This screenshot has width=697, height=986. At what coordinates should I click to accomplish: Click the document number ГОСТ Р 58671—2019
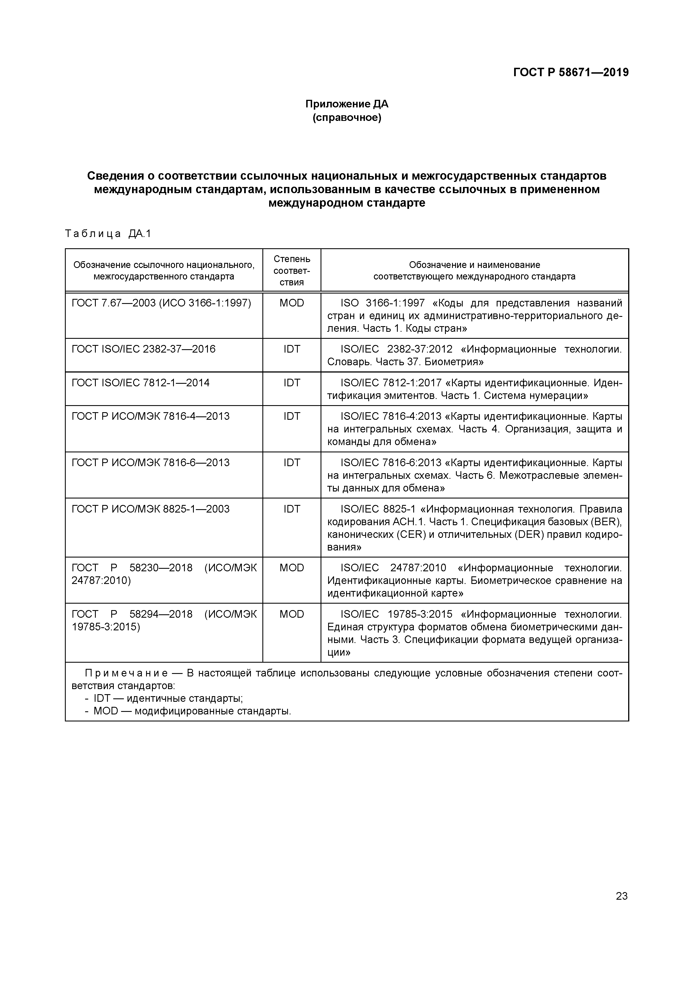click(x=571, y=73)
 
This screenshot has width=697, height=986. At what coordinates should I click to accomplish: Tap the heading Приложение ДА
click(x=347, y=104)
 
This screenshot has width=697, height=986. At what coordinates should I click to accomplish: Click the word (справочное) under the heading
click(x=347, y=117)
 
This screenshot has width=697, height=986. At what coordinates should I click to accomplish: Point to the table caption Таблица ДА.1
click(x=108, y=234)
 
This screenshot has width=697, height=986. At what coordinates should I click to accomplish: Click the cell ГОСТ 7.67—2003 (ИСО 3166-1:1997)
click(x=161, y=303)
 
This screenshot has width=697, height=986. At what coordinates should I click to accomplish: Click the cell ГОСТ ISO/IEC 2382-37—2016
click(x=143, y=349)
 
